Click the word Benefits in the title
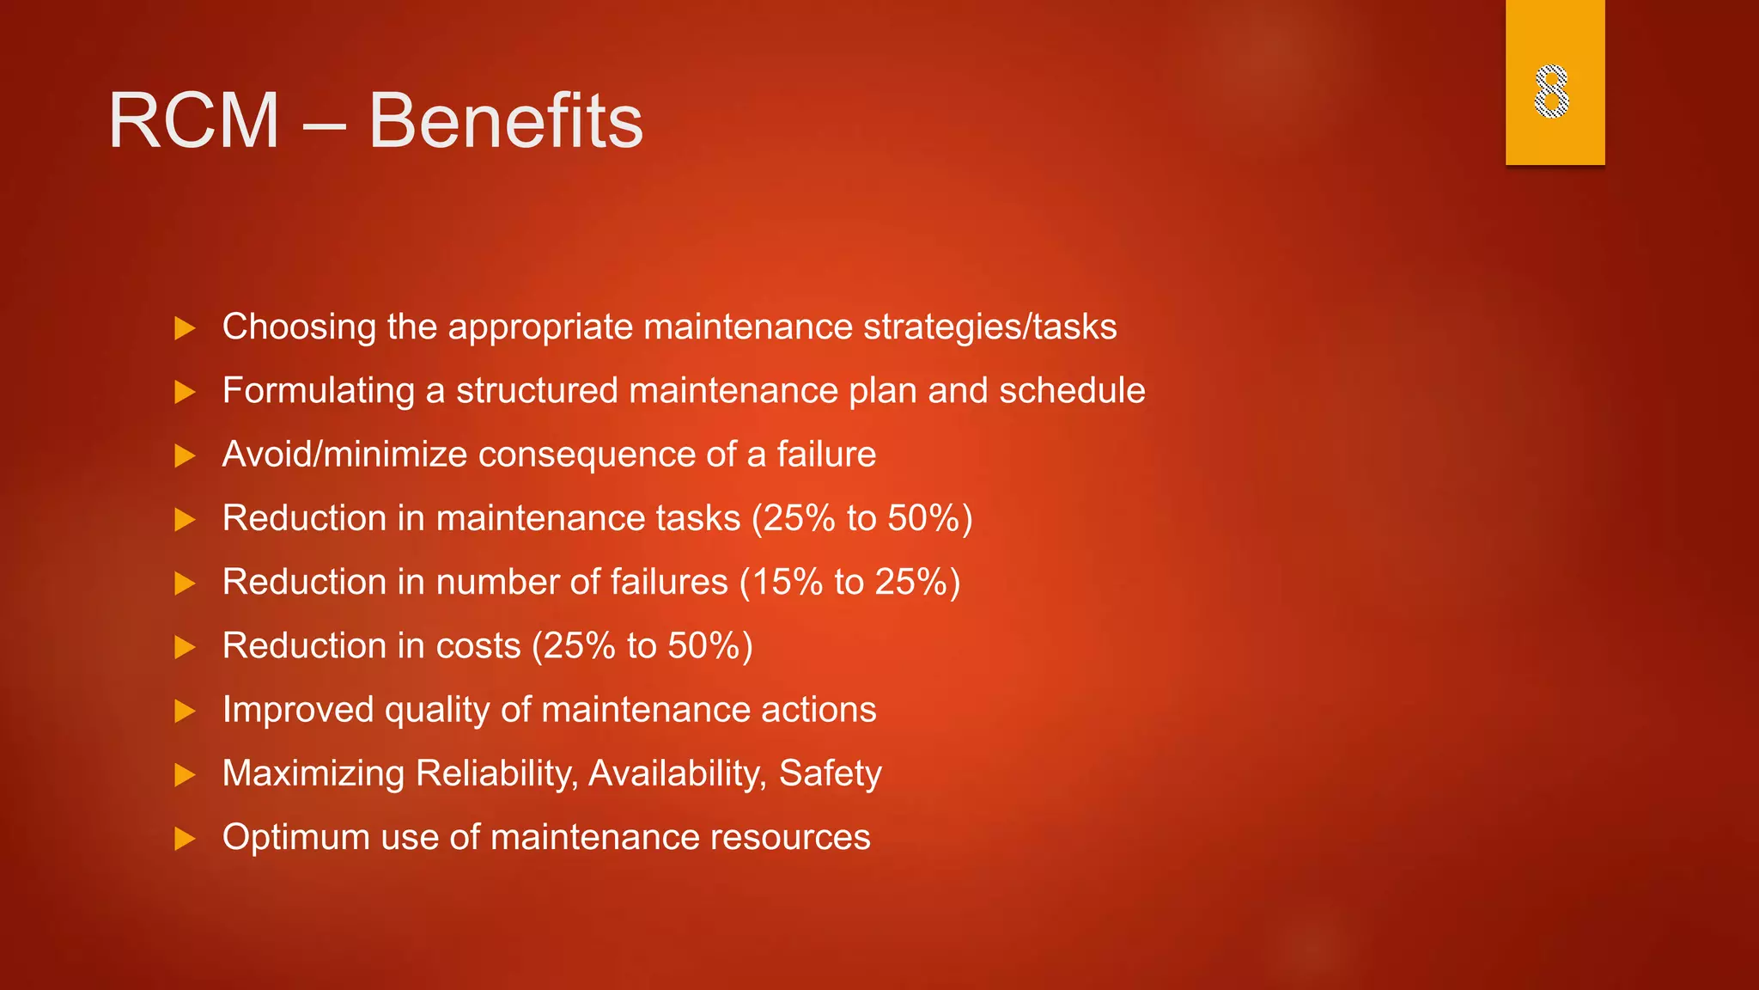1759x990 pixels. coord(506,121)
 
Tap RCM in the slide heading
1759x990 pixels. coord(194,121)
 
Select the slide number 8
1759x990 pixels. coord(1552,91)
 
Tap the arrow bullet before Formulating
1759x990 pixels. coord(185,392)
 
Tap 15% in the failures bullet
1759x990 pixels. coord(788,583)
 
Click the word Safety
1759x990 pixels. coord(830,773)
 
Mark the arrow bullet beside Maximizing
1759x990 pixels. coord(185,775)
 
